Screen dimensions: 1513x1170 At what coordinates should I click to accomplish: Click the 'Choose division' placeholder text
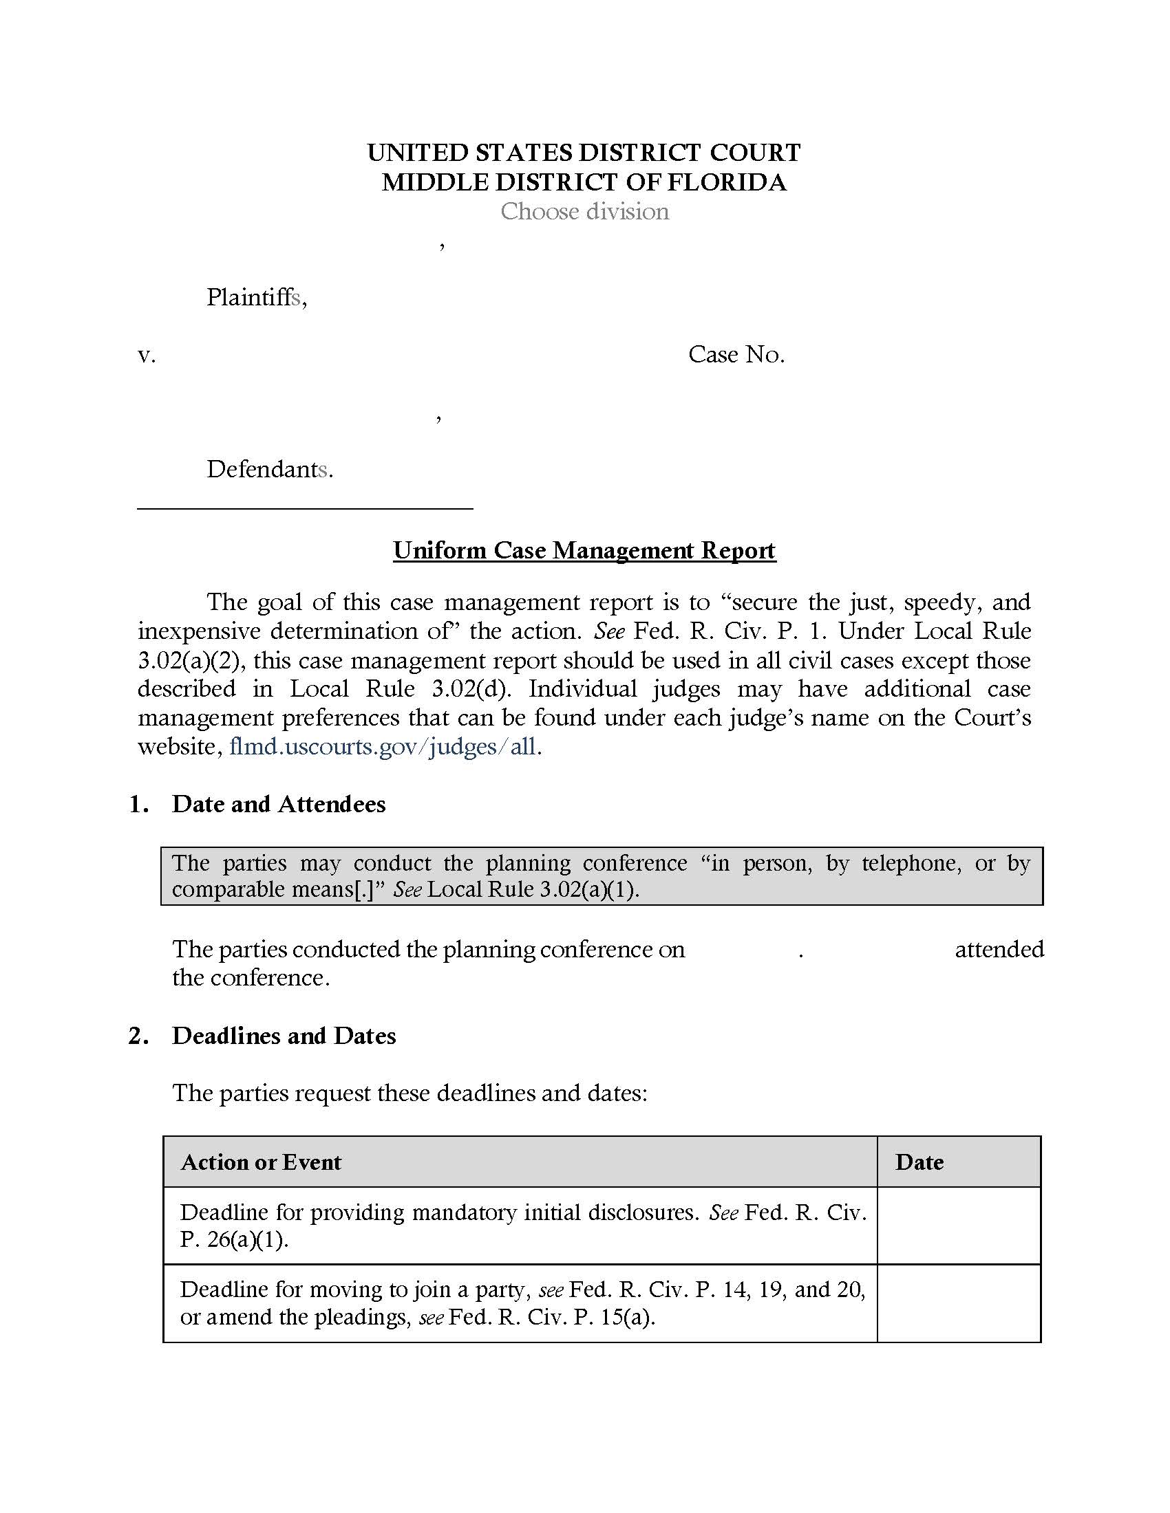tap(584, 211)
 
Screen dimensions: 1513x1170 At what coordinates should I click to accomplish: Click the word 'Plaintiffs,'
tap(257, 297)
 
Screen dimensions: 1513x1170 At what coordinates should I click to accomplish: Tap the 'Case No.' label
tap(736, 355)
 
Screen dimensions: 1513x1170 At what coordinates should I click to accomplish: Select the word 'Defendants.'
tap(270, 470)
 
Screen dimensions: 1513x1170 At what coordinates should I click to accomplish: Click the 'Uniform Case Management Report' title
tap(584, 550)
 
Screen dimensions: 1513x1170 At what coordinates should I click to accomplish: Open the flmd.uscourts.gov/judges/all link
tap(383, 747)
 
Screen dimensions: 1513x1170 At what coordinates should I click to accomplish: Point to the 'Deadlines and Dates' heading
tap(284, 1036)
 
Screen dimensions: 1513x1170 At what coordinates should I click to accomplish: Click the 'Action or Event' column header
tap(261, 1162)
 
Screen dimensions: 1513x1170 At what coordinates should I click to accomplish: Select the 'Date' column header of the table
tap(919, 1162)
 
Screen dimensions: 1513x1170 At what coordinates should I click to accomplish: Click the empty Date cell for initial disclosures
tap(959, 1226)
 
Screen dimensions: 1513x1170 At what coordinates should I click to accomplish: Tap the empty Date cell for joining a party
tap(959, 1303)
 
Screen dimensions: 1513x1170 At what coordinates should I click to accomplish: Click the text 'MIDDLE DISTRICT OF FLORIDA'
tap(584, 182)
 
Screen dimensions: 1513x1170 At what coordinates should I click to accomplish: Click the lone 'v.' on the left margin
tap(146, 356)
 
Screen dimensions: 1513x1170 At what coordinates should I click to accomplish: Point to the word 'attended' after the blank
tap(999, 949)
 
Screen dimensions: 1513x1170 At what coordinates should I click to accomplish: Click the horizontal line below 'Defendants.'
tap(305, 509)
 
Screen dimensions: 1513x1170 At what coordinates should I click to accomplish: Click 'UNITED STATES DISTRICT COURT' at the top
tap(584, 153)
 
